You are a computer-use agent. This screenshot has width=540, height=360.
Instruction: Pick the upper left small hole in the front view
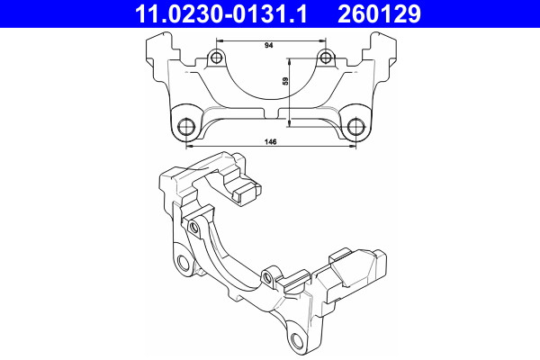(x=215, y=59)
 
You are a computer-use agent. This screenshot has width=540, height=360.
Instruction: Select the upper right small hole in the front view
(x=325, y=59)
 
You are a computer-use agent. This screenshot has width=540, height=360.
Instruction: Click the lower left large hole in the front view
(x=187, y=125)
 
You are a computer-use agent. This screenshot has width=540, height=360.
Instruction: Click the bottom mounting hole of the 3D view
(x=297, y=338)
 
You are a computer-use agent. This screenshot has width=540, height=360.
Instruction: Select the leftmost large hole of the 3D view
(x=184, y=264)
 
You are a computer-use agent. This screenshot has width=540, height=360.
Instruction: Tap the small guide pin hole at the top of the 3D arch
(x=193, y=227)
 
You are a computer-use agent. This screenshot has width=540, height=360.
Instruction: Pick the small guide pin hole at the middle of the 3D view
(x=267, y=274)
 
